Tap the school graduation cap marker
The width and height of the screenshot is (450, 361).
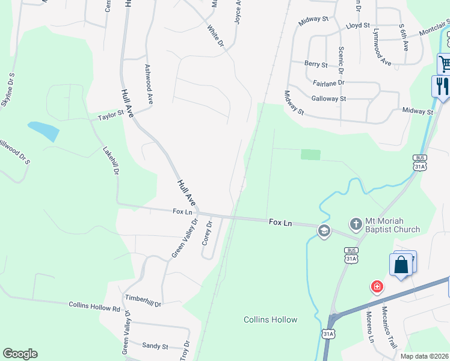[x=324, y=231]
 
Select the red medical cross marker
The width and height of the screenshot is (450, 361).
[x=377, y=287]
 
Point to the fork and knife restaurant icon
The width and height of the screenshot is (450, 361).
[x=442, y=85]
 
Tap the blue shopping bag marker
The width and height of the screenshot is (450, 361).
[x=401, y=265]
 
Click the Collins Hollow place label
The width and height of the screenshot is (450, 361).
[x=271, y=319]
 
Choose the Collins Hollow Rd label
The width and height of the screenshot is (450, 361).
[x=94, y=307]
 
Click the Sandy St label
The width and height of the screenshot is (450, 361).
[x=155, y=345]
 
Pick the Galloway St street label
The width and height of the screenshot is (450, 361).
[x=328, y=98]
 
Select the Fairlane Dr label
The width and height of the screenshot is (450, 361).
[x=328, y=82]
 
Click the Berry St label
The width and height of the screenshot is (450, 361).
[x=316, y=64]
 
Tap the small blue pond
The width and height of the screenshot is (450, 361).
[x=43, y=130]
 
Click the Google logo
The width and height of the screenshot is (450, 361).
[x=20, y=354]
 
